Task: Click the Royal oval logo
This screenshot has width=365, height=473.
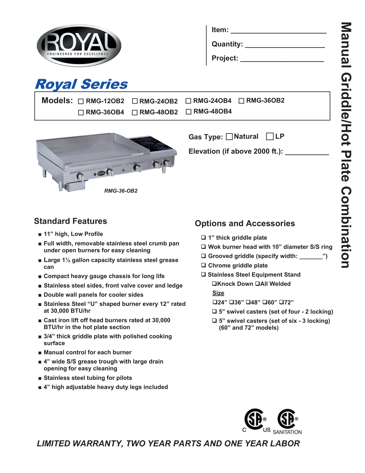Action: click(x=79, y=46)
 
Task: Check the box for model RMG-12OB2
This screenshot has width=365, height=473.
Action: click(x=81, y=101)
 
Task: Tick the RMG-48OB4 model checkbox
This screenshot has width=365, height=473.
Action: click(x=188, y=112)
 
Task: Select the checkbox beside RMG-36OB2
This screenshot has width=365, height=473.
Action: click(x=241, y=101)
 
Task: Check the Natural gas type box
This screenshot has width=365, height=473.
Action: click(x=229, y=136)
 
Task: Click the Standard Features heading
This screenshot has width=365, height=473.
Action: click(x=70, y=221)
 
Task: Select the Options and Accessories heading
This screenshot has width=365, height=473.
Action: click(x=245, y=223)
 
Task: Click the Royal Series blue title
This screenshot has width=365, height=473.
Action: click(x=81, y=84)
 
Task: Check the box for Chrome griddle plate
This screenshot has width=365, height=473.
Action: click(x=204, y=265)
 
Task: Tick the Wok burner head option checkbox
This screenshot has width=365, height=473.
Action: click(x=204, y=247)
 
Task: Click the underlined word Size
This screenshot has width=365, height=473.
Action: click(x=218, y=293)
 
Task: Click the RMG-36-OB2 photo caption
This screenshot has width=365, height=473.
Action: click(x=121, y=191)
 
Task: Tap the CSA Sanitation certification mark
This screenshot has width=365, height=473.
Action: click(x=288, y=421)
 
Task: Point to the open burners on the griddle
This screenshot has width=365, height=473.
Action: click(x=146, y=144)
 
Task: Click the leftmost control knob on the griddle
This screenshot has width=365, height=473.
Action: click(x=80, y=177)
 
